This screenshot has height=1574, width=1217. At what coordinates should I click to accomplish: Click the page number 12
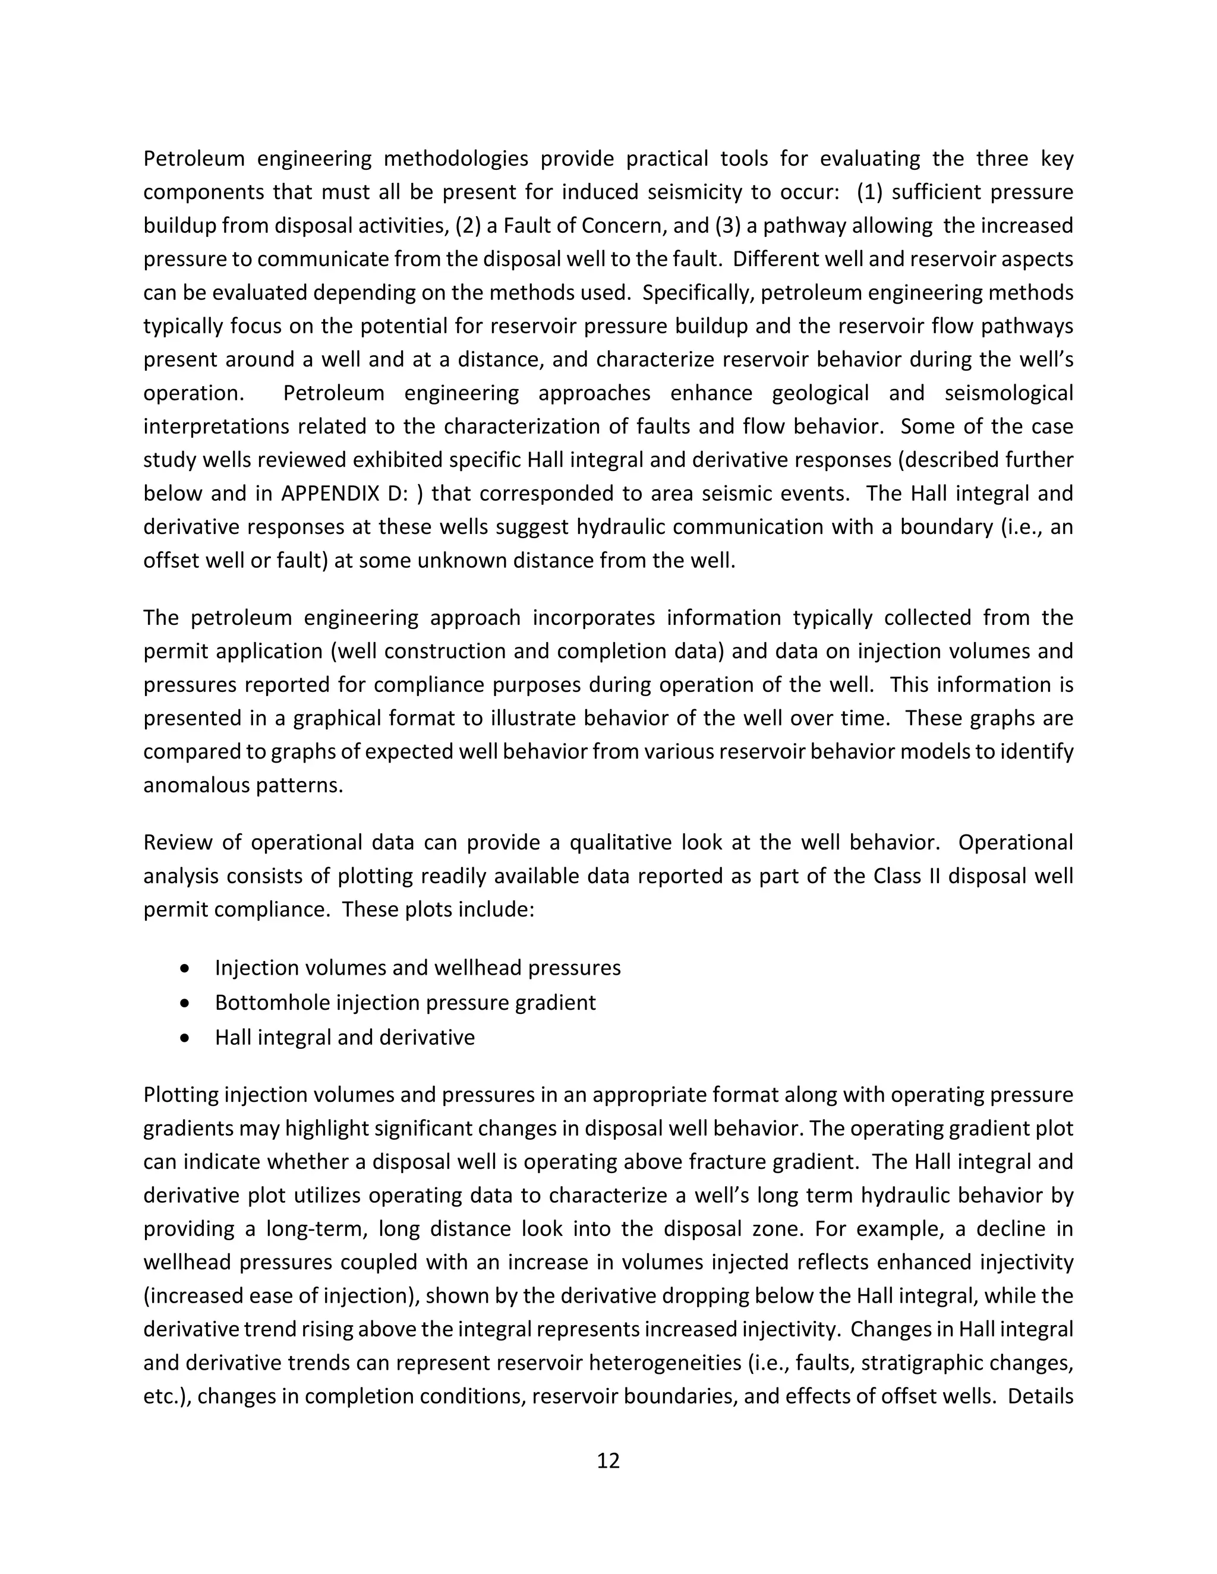pyautogui.click(x=608, y=1460)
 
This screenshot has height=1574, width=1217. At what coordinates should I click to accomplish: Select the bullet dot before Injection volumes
pyautogui.click(x=186, y=969)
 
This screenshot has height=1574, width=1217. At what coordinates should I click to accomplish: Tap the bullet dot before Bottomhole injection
pyautogui.click(x=186, y=1003)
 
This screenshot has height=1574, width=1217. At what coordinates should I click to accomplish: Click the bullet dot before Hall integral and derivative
pyautogui.click(x=186, y=1038)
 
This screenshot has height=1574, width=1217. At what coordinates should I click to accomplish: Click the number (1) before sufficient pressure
pyautogui.click(x=869, y=192)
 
